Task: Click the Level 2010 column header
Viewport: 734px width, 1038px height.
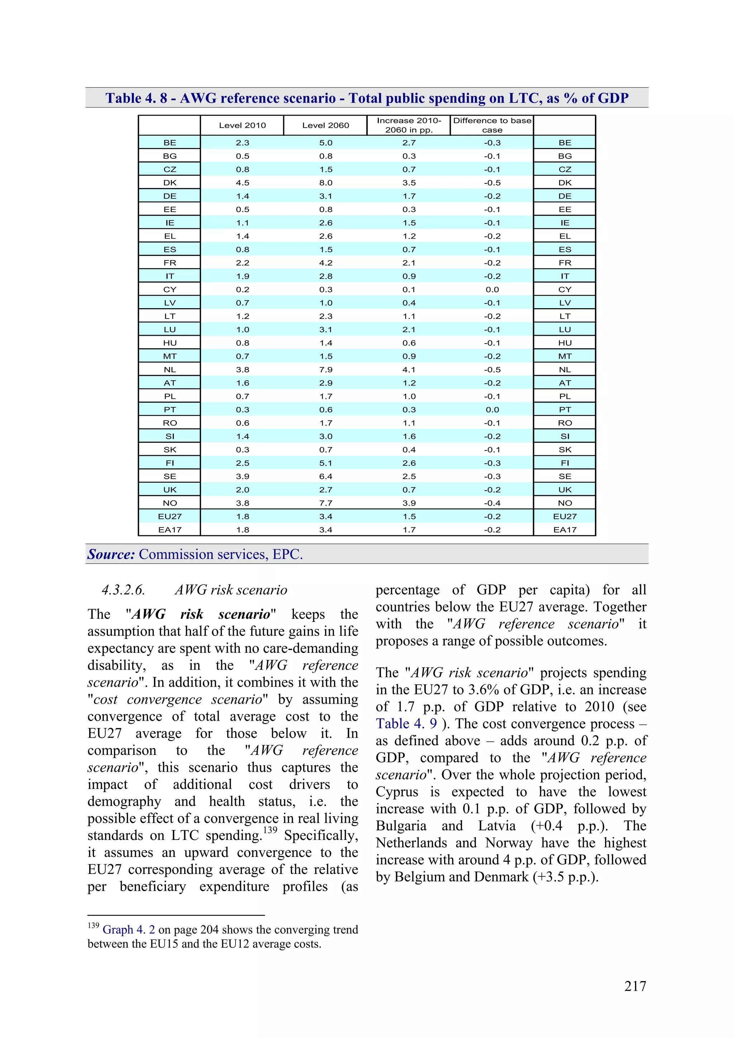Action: click(x=242, y=125)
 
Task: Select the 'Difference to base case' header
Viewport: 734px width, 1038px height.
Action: click(x=492, y=125)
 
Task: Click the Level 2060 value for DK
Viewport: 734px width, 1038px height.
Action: click(x=326, y=183)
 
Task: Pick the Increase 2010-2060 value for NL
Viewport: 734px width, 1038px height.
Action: click(x=409, y=369)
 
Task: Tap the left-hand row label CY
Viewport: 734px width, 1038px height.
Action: click(x=170, y=290)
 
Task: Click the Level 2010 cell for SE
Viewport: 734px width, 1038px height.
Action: click(x=242, y=476)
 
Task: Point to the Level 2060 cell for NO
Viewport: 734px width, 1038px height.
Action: click(x=326, y=503)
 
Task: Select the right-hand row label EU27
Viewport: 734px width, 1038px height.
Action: click(x=564, y=516)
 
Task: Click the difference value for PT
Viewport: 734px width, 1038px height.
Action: click(x=492, y=410)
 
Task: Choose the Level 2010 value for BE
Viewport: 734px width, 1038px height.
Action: click(x=242, y=142)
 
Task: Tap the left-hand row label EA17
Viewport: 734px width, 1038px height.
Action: click(x=170, y=530)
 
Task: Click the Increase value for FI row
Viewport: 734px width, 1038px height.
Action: click(x=409, y=463)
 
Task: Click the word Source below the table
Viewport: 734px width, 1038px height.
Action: click(x=111, y=554)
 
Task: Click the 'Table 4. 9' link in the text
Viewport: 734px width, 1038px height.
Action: click(x=406, y=724)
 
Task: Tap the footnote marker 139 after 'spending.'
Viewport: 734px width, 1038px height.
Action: click(x=270, y=830)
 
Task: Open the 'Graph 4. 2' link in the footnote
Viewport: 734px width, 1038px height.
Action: click(x=128, y=929)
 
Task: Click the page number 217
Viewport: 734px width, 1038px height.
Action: click(x=635, y=986)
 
